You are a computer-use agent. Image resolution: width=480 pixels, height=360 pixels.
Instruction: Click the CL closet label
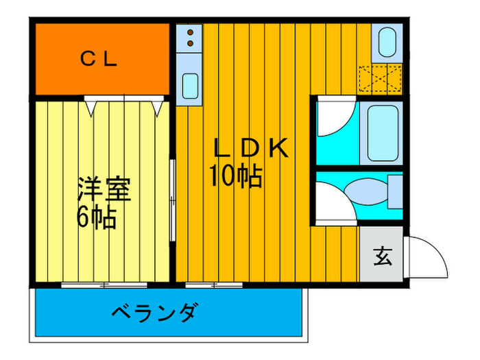(99, 59)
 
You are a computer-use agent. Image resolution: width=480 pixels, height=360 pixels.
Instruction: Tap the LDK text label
(251, 148)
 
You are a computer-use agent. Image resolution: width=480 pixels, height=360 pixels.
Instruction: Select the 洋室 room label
(104, 189)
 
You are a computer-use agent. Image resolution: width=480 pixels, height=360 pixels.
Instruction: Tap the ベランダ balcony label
(155, 312)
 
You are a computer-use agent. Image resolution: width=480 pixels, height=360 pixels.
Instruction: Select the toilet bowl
(366, 191)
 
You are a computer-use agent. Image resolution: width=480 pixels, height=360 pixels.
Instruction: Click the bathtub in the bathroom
(383, 133)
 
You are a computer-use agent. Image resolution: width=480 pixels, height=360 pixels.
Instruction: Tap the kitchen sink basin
(190, 86)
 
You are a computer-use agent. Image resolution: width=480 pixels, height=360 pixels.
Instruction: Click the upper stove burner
(190, 32)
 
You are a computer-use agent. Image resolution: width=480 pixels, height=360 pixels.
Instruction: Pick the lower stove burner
(190, 43)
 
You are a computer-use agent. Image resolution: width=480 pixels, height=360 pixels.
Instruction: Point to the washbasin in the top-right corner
(387, 42)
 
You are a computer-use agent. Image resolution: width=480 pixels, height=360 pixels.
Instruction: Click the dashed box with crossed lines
(380, 78)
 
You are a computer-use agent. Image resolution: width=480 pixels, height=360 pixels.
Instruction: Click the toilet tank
(395, 192)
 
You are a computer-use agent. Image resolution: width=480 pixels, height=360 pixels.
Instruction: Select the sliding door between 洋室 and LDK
(173, 200)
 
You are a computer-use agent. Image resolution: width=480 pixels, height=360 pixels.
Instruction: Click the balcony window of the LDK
(214, 285)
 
